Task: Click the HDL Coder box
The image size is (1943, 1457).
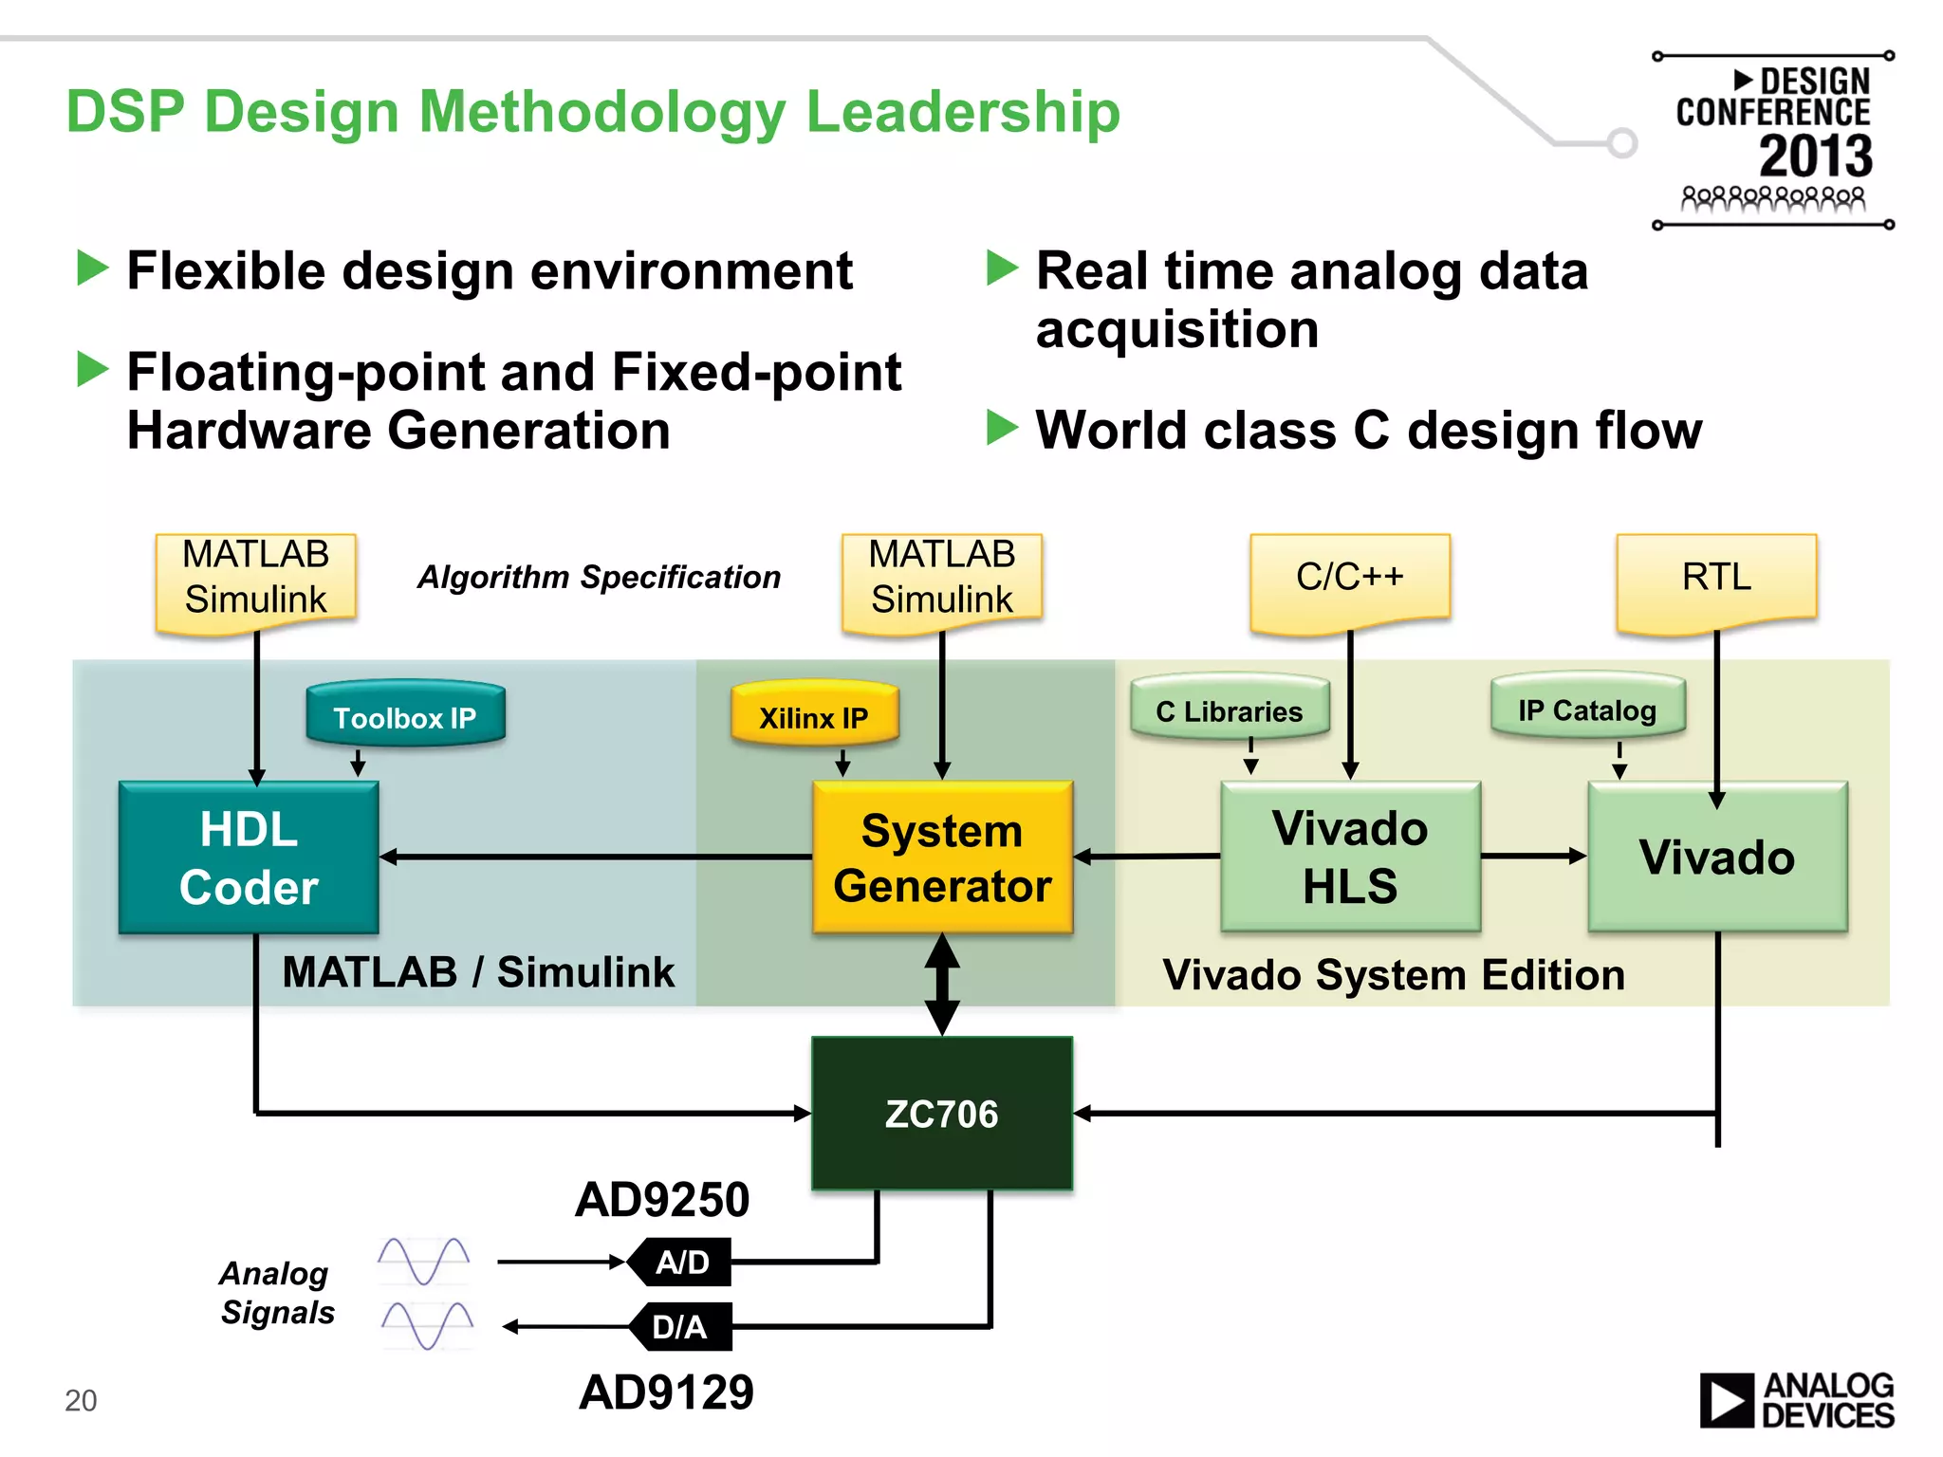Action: [249, 858]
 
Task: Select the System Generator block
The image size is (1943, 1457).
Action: [942, 858]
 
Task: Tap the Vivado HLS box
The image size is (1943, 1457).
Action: [1350, 858]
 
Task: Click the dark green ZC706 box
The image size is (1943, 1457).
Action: [942, 1114]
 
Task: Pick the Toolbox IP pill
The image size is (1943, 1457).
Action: [405, 717]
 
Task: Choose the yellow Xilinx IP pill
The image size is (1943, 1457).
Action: [814, 717]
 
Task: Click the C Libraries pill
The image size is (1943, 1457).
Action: [1230, 710]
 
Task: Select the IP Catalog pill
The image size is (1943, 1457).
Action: [1587, 710]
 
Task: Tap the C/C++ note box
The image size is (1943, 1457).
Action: [1350, 578]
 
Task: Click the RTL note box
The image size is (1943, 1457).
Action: [1716, 578]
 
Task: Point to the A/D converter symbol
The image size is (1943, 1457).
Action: [682, 1263]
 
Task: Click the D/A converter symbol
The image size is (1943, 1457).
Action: [681, 1326]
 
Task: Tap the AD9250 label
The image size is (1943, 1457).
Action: [662, 1200]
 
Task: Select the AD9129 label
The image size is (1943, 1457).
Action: [666, 1392]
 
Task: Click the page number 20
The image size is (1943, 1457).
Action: [81, 1400]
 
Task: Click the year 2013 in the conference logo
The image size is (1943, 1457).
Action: [1816, 156]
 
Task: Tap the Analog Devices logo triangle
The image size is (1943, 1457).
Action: [1726, 1401]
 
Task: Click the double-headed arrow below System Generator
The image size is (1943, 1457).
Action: [942, 984]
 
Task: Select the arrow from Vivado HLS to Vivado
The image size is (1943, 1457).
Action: [1533, 856]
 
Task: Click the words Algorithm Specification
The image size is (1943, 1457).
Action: [600, 577]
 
